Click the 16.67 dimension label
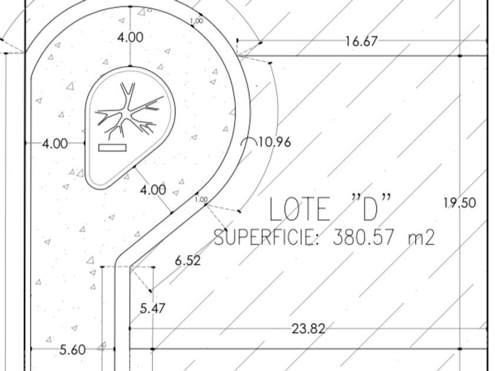coord(361,41)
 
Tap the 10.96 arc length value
coord(275,143)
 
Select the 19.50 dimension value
coord(460,203)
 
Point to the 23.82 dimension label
coord(308,329)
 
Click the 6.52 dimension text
coord(188,260)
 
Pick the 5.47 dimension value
coord(153,308)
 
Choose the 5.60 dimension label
coord(72,350)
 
